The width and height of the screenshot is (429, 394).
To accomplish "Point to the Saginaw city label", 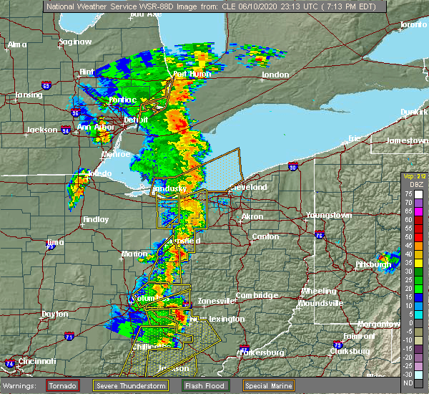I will (x=75, y=42).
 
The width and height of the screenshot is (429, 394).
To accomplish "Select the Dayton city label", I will (x=55, y=314).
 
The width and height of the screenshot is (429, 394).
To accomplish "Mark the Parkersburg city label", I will (x=262, y=352).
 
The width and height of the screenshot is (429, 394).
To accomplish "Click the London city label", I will (x=275, y=75).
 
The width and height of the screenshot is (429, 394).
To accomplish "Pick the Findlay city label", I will (x=95, y=219).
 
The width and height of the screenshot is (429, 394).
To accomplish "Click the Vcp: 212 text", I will (x=414, y=176).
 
